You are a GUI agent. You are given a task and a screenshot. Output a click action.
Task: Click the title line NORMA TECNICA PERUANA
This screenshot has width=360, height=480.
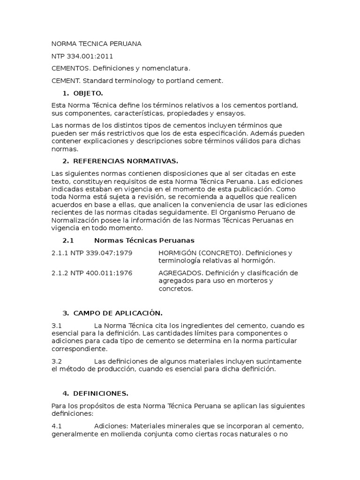pos(96,44)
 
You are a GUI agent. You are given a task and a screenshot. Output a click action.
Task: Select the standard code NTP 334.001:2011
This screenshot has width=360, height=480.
pos(82,56)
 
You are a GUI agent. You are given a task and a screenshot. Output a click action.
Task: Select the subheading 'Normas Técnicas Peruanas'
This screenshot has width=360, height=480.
pos(144,240)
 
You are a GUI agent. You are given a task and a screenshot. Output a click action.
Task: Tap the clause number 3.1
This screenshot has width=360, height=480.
pos(57,325)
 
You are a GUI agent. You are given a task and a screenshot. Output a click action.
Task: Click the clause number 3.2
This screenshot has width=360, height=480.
pos(57,361)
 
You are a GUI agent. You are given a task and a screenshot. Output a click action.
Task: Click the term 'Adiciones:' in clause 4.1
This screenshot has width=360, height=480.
pos(111,426)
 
